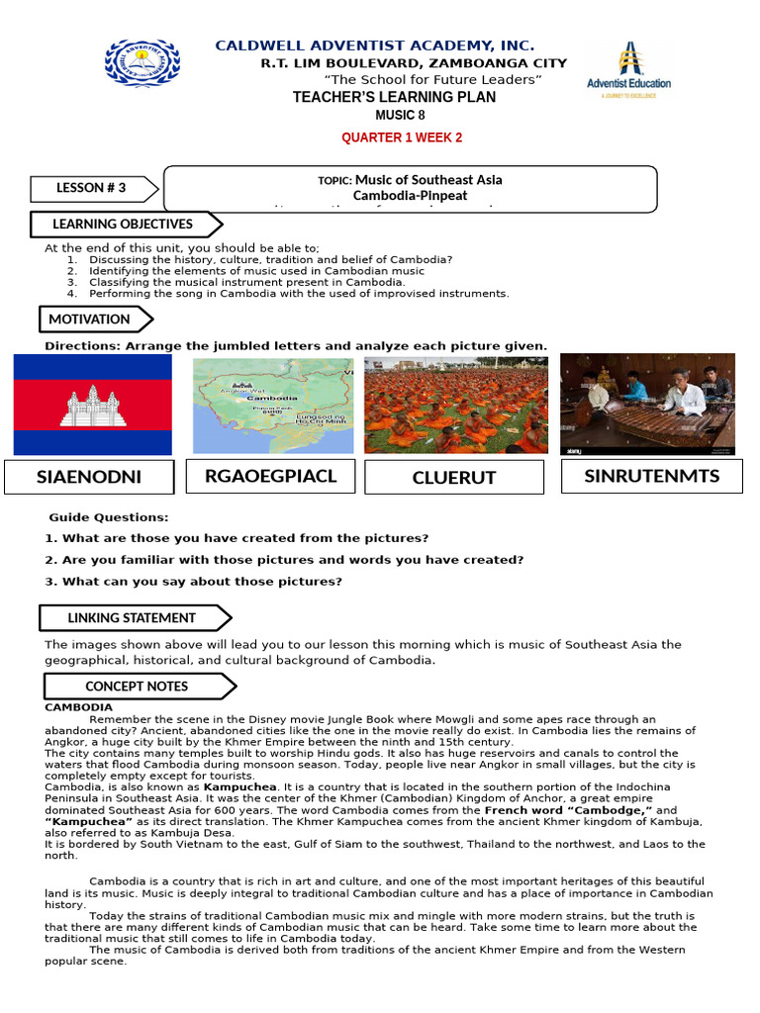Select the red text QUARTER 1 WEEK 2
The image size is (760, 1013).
click(x=402, y=138)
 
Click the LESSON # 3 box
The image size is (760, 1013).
click(x=92, y=188)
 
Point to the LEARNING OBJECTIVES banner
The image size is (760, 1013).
click(x=124, y=225)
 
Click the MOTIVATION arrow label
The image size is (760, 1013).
click(x=92, y=319)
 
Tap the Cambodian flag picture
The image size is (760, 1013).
click(x=92, y=404)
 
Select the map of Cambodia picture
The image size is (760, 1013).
click(x=272, y=404)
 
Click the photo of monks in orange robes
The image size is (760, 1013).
click(x=455, y=404)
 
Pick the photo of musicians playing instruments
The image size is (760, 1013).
click(x=647, y=404)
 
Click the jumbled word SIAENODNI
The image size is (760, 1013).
click(x=89, y=477)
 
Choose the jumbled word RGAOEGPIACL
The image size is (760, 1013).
click(x=270, y=476)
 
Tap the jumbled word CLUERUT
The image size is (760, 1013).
click(x=454, y=478)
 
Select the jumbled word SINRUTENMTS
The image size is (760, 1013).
click(x=651, y=476)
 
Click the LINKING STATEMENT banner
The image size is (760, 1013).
click(x=132, y=618)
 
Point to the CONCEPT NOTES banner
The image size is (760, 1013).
click(x=137, y=686)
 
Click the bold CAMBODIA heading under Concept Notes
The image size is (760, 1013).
click(x=78, y=707)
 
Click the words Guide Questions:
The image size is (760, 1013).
click(x=109, y=517)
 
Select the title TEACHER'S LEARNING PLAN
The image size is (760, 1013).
click(x=395, y=98)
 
